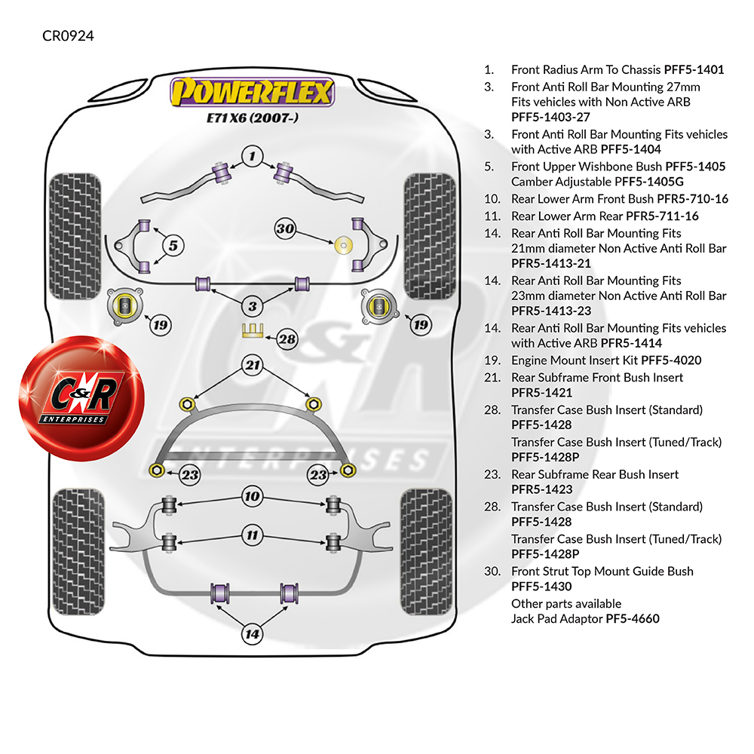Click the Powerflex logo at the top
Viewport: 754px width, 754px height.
coord(252,93)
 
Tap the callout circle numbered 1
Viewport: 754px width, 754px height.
coord(253,157)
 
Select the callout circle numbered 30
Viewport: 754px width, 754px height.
coord(285,229)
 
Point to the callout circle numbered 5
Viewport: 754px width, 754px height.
coord(173,245)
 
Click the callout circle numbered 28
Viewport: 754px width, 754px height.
coord(287,339)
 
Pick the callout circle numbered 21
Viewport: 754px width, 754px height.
coord(253,366)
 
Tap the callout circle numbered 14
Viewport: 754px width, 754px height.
coord(253,634)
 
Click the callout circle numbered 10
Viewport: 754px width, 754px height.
coord(253,496)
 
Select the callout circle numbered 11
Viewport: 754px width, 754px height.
coord(253,536)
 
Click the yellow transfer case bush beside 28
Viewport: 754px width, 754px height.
coord(251,329)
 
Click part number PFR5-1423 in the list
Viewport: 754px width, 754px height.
coord(541,489)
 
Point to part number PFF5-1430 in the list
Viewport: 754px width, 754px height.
coord(541,587)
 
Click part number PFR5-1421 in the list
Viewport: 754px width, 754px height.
coord(541,393)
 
